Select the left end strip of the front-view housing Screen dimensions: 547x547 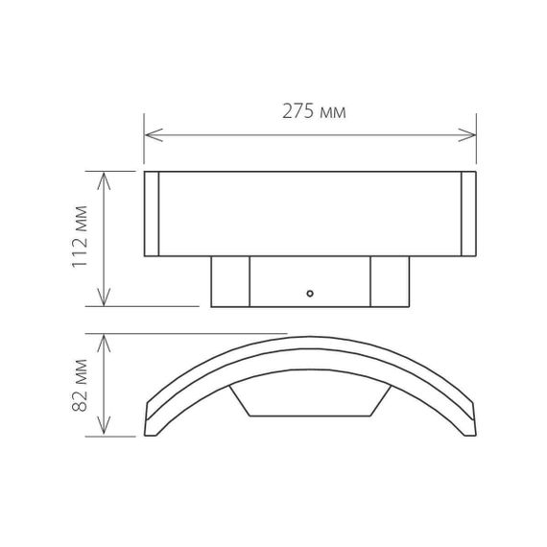(151, 215)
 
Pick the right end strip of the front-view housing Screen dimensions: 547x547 (469, 215)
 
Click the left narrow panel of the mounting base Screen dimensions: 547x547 (230, 281)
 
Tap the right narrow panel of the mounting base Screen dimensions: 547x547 (390, 281)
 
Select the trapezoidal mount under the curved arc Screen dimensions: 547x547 (309, 400)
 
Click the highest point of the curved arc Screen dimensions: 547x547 (309, 337)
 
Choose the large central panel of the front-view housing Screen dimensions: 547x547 (309, 215)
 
